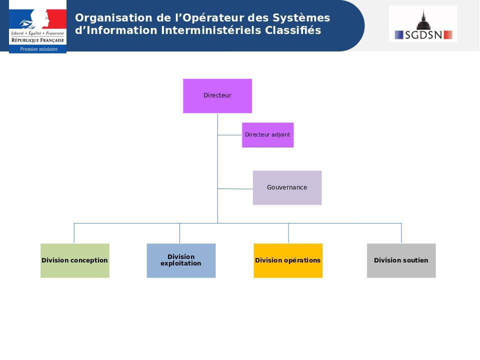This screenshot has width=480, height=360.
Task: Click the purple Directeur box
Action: [x=217, y=95]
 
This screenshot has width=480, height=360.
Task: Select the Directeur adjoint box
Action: [x=267, y=135]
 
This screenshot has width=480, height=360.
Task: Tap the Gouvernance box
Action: [x=287, y=187]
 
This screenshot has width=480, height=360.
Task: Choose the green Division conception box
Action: [x=75, y=260]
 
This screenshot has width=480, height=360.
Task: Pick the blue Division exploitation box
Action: [x=181, y=260]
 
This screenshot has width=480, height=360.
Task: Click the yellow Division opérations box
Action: [x=288, y=260]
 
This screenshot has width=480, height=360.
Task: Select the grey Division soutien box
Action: [x=401, y=260]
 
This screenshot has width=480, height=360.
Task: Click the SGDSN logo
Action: [x=423, y=24]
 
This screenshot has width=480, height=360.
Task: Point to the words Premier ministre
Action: [x=38, y=49]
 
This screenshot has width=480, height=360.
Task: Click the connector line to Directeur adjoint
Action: [x=229, y=135]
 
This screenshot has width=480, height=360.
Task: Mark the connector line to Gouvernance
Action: [x=235, y=188]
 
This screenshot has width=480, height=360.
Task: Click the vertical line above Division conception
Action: [x=74, y=233]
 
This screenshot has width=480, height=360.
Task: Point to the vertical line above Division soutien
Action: [x=401, y=233]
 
